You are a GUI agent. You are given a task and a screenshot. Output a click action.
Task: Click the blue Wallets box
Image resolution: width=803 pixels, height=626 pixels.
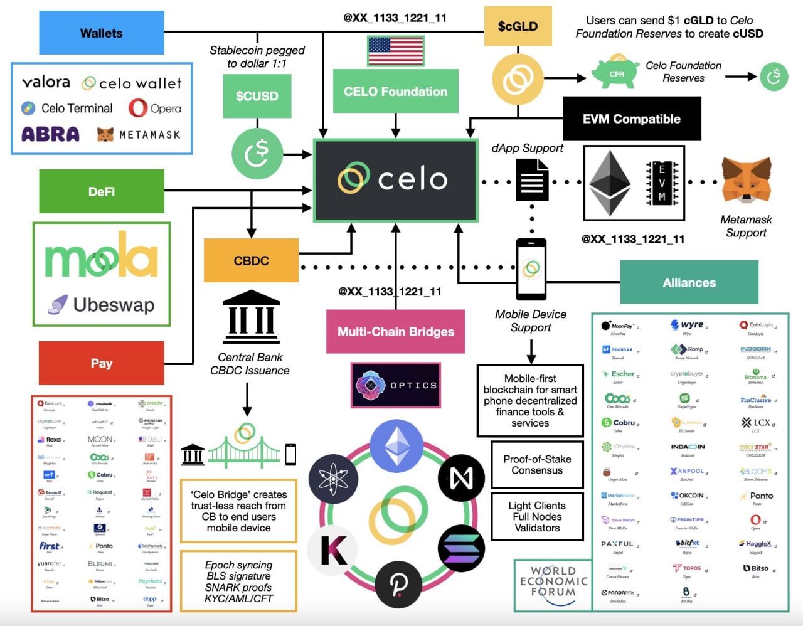click(102, 33)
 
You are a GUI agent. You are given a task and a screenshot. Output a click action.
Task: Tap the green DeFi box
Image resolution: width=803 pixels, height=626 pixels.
click(102, 191)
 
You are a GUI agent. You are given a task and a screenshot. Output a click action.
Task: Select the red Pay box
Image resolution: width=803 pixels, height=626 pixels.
click(102, 363)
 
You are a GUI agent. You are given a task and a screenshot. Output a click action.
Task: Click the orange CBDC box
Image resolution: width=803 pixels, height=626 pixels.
click(251, 260)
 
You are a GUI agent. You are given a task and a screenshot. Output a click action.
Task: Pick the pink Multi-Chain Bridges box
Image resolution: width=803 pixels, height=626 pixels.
click(396, 331)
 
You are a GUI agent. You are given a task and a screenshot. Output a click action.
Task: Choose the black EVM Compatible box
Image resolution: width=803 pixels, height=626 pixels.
click(632, 119)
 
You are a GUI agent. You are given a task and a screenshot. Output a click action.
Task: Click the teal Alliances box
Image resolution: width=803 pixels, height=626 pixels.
click(689, 282)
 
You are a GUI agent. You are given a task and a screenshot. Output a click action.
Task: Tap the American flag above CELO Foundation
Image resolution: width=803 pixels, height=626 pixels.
click(395, 51)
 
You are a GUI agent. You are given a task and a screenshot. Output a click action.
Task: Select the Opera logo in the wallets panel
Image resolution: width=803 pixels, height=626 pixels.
click(155, 108)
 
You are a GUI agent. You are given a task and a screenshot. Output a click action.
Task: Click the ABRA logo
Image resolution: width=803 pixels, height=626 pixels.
click(51, 134)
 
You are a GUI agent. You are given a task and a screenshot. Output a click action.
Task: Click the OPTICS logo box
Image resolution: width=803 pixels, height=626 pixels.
click(396, 385)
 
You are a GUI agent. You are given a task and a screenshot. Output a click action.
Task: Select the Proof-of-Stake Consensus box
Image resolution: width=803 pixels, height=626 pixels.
click(537, 465)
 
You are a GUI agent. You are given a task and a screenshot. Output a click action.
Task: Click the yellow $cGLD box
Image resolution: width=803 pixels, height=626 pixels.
click(518, 26)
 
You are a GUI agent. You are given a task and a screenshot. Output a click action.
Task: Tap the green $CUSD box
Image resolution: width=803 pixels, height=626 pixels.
click(257, 96)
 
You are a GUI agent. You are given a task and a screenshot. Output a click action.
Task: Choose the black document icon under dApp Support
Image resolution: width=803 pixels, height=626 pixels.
click(532, 180)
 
